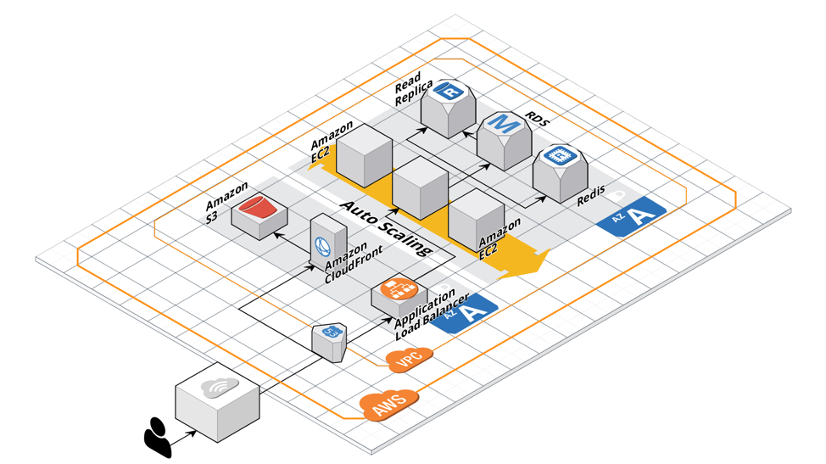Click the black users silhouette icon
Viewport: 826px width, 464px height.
pos(158,437)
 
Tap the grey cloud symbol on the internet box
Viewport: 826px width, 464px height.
pos(220,388)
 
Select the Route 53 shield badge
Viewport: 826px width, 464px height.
pos(330,332)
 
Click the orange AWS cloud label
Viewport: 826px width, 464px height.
pos(389,405)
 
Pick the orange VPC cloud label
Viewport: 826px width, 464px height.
pos(410,359)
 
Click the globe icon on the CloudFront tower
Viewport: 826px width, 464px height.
pos(322,246)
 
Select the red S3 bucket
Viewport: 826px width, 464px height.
pos(258,205)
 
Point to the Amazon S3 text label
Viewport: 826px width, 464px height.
pos(225,202)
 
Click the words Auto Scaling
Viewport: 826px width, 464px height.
pos(386,227)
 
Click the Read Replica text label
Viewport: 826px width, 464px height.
pos(413,88)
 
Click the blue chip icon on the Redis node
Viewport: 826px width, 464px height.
pos(560,155)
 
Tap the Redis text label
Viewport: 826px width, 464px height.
pos(591,195)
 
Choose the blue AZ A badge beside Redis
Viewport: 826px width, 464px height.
pos(631,215)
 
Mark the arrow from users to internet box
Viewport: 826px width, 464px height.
pos(183,437)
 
